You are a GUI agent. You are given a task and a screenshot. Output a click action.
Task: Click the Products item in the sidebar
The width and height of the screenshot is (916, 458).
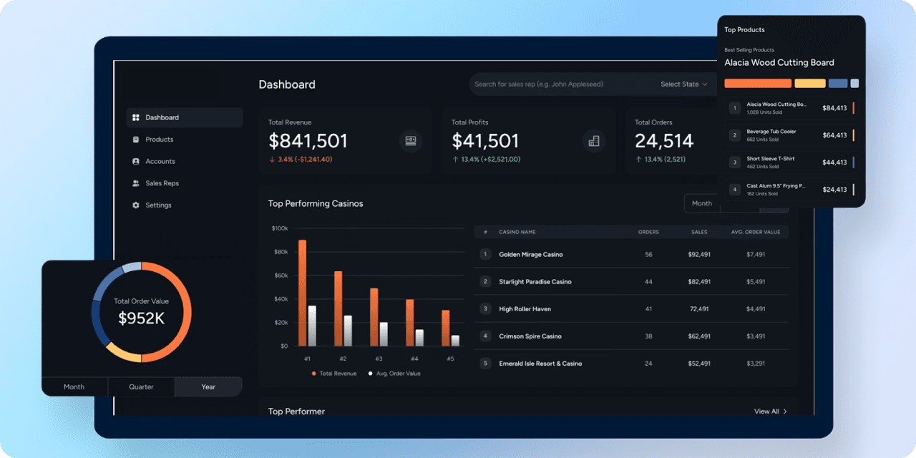pyautogui.click(x=159, y=140)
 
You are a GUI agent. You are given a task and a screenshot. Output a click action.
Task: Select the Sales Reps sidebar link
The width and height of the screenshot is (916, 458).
pyautogui.click(x=162, y=183)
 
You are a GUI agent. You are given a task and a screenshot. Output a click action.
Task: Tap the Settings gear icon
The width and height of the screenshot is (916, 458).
pyautogui.click(x=136, y=205)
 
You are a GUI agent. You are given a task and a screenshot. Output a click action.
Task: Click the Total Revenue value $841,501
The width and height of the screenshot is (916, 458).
pyautogui.click(x=308, y=141)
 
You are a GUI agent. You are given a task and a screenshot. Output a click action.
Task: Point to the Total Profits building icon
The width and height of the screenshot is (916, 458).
pyautogui.click(x=593, y=141)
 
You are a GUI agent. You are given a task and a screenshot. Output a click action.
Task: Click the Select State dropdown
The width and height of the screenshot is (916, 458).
pyautogui.click(x=683, y=84)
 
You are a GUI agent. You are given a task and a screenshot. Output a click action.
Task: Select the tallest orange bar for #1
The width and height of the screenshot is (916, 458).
pyautogui.click(x=302, y=293)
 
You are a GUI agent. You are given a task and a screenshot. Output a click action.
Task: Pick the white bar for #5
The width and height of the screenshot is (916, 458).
pyautogui.click(x=455, y=341)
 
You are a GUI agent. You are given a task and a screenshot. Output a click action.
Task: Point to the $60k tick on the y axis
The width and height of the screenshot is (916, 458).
pyautogui.click(x=280, y=276)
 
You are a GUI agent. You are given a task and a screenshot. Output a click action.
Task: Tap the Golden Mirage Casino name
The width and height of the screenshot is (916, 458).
pyautogui.click(x=530, y=255)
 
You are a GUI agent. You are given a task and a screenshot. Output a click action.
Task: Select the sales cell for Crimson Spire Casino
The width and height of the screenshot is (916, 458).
pyautogui.click(x=698, y=336)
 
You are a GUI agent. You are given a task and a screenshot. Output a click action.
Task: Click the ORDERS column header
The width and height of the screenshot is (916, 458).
pyautogui.click(x=648, y=232)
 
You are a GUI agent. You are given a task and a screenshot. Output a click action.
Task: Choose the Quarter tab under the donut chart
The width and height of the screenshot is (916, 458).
pyautogui.click(x=141, y=387)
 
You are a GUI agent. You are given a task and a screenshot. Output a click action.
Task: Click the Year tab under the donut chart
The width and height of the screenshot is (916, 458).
pyautogui.click(x=208, y=387)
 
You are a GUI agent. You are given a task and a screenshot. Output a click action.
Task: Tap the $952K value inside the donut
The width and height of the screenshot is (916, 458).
pyautogui.click(x=141, y=318)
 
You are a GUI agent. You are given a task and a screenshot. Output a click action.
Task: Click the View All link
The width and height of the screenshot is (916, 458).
pyautogui.click(x=770, y=411)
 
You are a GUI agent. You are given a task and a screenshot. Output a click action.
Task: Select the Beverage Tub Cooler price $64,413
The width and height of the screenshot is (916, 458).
pyautogui.click(x=834, y=135)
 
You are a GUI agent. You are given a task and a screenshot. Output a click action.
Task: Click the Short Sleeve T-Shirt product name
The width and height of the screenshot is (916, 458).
pyautogui.click(x=770, y=159)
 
